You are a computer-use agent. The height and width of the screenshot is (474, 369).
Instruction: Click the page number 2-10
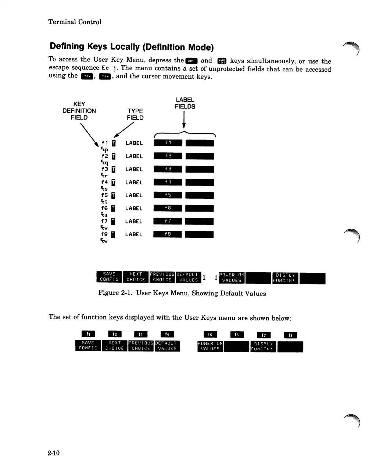tap(54, 453)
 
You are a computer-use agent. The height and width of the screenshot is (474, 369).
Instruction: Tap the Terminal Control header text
tap(75, 22)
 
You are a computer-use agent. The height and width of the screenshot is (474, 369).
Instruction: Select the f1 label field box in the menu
tap(168, 143)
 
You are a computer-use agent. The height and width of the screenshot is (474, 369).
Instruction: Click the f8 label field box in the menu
tap(168, 234)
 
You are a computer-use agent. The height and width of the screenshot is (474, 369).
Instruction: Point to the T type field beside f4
tap(114, 182)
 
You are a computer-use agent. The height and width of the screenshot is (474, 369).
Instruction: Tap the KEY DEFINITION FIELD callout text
tap(79, 111)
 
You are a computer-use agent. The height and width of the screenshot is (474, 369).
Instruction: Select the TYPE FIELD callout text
tap(135, 114)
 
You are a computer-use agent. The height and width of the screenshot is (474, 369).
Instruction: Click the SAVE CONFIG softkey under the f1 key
tap(88, 346)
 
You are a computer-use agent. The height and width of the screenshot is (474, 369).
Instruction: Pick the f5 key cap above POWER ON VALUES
tap(210, 335)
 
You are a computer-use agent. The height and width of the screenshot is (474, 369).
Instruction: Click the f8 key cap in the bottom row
tap(290, 335)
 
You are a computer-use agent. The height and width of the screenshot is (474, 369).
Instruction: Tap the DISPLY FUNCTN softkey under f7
tap(263, 346)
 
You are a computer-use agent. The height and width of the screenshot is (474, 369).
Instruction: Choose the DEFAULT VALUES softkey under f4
tap(167, 346)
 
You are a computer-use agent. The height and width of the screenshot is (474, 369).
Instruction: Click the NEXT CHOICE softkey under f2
tap(114, 346)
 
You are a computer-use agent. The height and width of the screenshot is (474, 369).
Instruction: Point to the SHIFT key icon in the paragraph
tap(191, 61)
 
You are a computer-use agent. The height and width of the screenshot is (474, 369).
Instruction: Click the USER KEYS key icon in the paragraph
tap(222, 61)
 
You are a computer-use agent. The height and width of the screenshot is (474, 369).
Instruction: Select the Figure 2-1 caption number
tap(126, 293)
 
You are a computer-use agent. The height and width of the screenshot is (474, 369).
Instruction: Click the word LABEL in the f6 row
tap(134, 208)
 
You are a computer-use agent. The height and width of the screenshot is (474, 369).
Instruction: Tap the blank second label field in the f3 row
tap(200, 169)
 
